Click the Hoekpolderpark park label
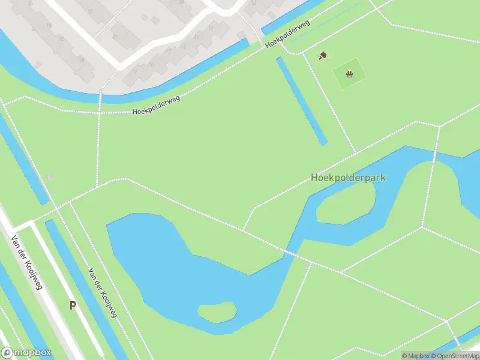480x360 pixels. (348, 178)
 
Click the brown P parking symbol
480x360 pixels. (73, 305)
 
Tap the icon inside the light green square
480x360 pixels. (349, 74)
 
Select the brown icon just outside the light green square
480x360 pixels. (323, 55)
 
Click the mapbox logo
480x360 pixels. (26, 353)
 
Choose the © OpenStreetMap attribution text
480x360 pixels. (458, 356)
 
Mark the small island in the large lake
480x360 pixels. (217, 312)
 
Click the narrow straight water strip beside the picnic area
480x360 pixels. (302, 101)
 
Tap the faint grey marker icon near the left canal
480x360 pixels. (50, 177)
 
